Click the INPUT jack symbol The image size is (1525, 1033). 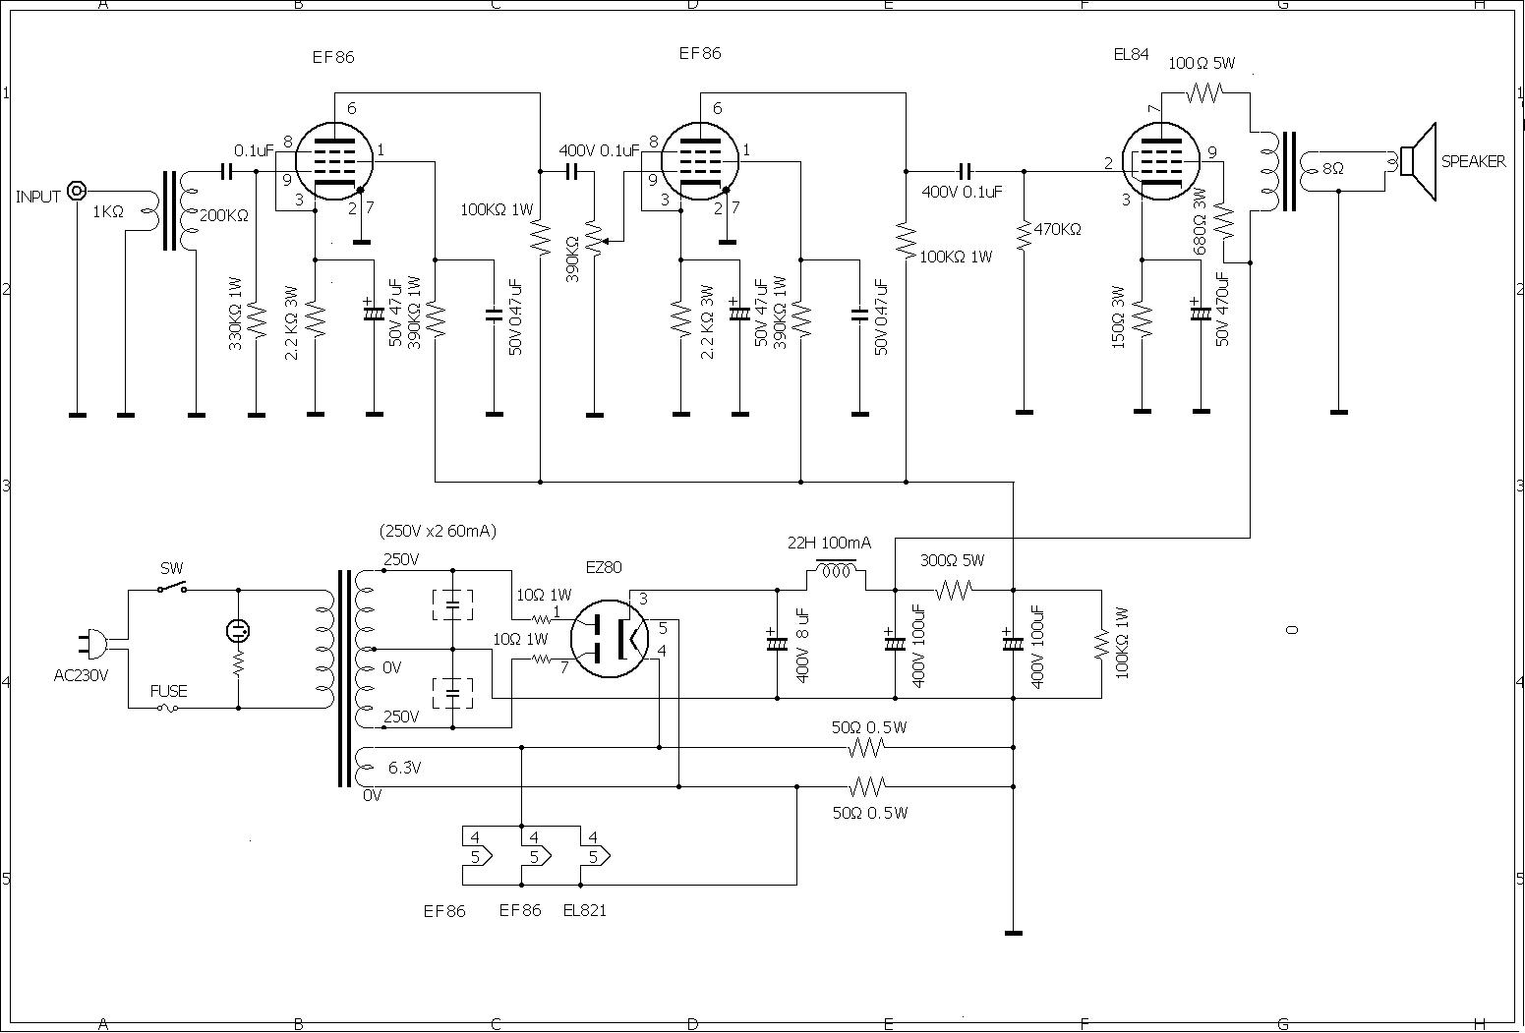(x=77, y=192)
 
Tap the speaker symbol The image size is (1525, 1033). (x=1415, y=162)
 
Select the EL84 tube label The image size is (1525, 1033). (x=1131, y=55)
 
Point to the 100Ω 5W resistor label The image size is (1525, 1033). (x=1201, y=63)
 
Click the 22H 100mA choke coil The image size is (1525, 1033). (x=836, y=568)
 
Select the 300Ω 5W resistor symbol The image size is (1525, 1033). (x=953, y=590)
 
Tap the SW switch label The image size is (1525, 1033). (x=171, y=568)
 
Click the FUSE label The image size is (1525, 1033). (x=168, y=691)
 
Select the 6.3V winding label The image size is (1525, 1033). (x=404, y=768)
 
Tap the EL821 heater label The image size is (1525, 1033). (x=585, y=910)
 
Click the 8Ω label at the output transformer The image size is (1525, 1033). (x=1332, y=168)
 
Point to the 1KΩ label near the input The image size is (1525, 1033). (x=108, y=211)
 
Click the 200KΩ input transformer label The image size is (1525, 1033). (x=224, y=215)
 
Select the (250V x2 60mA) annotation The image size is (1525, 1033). (x=438, y=531)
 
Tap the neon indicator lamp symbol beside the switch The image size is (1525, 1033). (x=238, y=630)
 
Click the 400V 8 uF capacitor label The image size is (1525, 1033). (x=801, y=645)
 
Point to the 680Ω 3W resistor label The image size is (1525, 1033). (x=1200, y=221)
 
